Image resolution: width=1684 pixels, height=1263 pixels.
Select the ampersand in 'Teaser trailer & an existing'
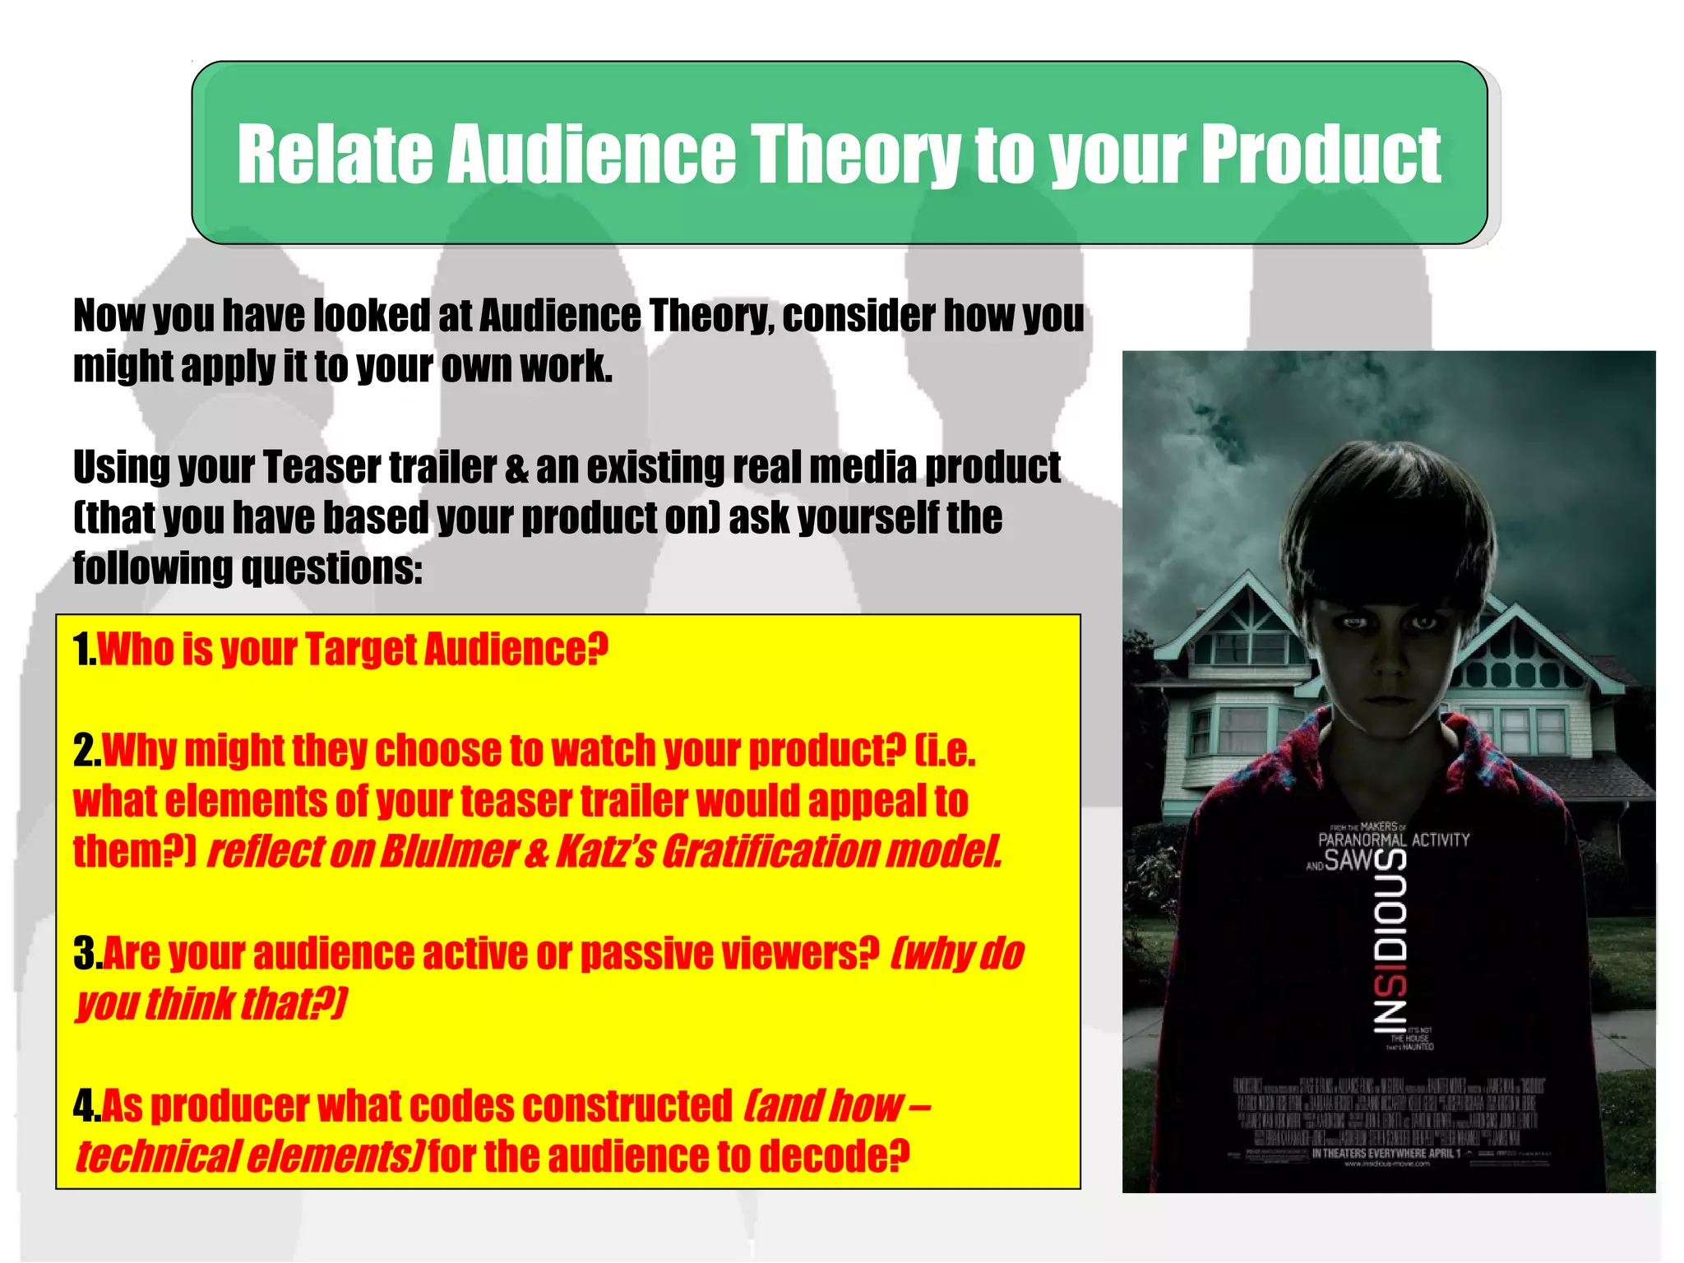click(516, 468)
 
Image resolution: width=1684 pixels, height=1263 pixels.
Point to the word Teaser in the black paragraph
click(322, 468)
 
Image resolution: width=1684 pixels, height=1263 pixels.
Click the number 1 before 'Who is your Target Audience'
click(82, 650)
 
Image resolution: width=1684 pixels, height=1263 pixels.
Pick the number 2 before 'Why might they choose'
click(85, 751)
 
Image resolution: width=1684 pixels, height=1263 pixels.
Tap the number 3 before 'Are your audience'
click(86, 954)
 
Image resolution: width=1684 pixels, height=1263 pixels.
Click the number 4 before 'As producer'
click(86, 1106)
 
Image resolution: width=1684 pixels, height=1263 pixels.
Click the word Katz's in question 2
click(605, 852)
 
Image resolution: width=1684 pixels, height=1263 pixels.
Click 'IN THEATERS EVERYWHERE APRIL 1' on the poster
click(1386, 1154)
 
